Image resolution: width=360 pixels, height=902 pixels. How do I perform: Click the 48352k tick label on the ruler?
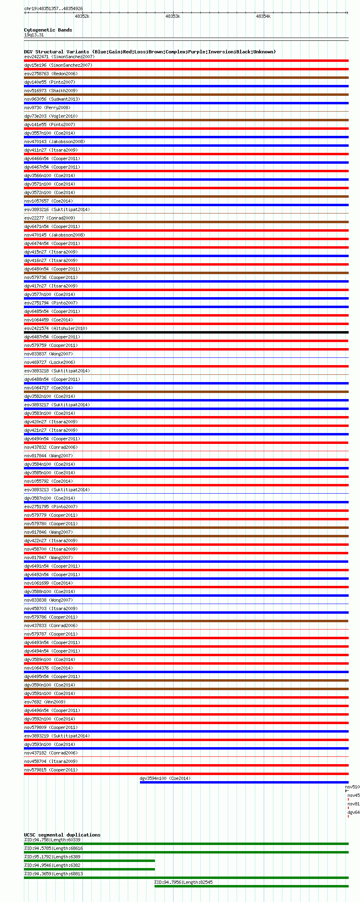tap(82, 17)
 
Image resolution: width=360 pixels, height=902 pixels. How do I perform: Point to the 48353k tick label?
tap(173, 17)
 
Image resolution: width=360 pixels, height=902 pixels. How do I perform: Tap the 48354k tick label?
tap(263, 17)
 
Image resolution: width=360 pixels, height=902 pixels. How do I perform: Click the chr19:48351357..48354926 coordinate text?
tap(53, 8)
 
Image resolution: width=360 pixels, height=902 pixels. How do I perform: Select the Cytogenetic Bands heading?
tap(48, 30)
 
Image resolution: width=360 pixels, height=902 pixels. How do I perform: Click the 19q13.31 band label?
tap(34, 35)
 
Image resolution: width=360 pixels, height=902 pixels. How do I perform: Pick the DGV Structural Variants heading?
tap(150, 52)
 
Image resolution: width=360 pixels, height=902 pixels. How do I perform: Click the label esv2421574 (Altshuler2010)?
tap(55, 328)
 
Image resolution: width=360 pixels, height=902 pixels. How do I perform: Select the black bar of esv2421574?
tap(186, 332)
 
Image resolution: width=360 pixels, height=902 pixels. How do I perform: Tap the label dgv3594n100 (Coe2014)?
tap(165, 778)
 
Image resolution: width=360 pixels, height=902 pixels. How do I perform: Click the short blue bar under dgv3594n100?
tap(244, 782)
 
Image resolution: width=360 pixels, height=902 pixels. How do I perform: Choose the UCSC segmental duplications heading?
tap(62, 835)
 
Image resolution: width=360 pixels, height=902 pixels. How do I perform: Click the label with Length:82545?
tap(183, 882)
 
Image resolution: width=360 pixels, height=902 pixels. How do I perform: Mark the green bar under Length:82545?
tap(251, 886)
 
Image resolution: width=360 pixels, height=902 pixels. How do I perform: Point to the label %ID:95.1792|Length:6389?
tap(52, 857)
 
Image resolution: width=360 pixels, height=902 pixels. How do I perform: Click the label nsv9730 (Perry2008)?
tap(47, 108)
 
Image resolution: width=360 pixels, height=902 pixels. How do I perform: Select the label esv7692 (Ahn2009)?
tap(44, 702)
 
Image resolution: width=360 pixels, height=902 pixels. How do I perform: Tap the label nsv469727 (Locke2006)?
tap(50, 362)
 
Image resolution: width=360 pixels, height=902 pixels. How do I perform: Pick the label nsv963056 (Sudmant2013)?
tap(52, 99)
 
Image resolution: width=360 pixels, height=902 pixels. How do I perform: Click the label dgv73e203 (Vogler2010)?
tap(51, 116)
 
